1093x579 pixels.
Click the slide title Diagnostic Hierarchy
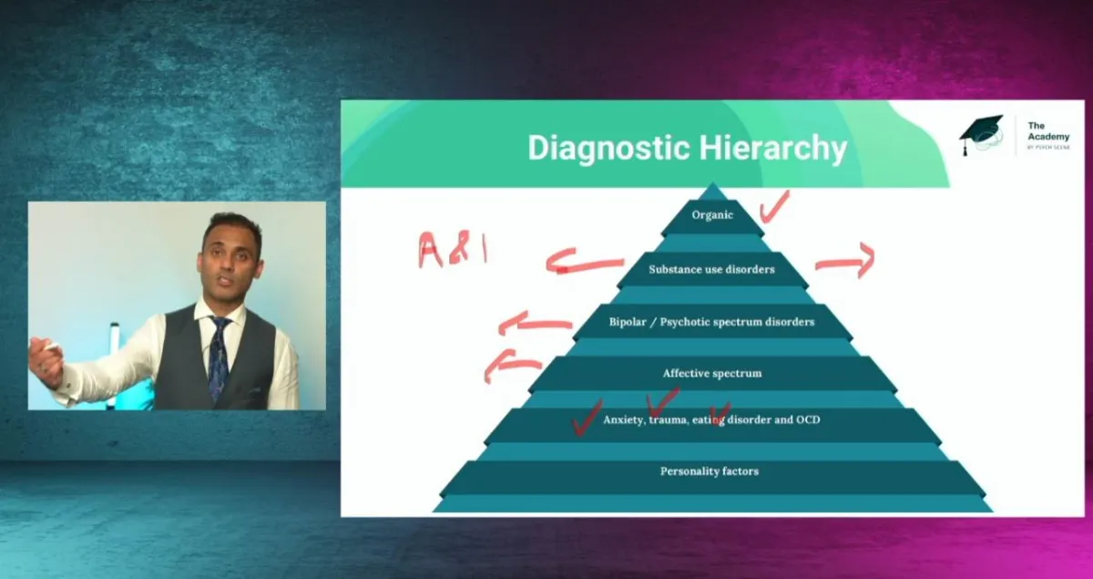click(x=688, y=148)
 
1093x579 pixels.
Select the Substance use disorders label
click(x=711, y=269)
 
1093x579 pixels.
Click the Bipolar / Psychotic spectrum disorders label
click(x=711, y=322)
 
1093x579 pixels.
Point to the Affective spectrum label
click(x=711, y=373)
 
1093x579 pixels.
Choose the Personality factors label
click(x=710, y=471)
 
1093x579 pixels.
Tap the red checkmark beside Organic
click(x=773, y=207)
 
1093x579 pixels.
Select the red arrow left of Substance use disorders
click(x=583, y=264)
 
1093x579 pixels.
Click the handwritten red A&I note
click(x=452, y=248)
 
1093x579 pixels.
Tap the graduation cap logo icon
click(x=981, y=134)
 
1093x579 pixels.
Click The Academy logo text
click(x=1047, y=135)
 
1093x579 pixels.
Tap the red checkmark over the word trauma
click(x=662, y=401)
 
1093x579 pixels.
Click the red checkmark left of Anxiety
click(x=585, y=416)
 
